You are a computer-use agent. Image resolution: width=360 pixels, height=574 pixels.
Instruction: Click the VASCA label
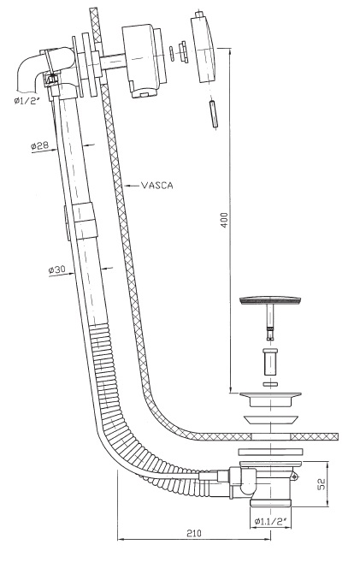(157, 186)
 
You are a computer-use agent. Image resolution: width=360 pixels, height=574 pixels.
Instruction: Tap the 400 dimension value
(224, 220)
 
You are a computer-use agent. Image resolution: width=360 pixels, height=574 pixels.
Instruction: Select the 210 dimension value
(194, 533)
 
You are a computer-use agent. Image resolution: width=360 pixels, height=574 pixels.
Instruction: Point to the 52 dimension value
(322, 485)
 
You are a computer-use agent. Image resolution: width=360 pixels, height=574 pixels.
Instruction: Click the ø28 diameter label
(39, 145)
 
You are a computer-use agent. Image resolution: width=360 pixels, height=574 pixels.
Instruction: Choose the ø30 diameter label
(56, 270)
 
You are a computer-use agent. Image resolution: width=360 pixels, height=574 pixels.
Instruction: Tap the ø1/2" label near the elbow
(27, 101)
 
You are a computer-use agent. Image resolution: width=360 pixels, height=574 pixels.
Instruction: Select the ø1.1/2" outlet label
(271, 521)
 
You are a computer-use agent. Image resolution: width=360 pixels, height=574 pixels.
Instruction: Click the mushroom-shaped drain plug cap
(270, 301)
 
